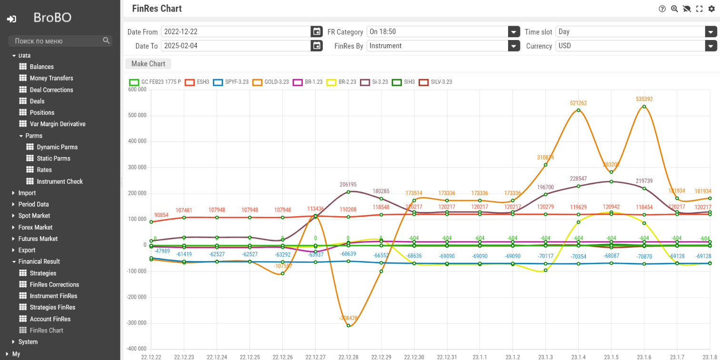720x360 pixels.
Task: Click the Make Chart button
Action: point(148,64)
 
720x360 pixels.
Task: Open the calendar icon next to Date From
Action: point(316,32)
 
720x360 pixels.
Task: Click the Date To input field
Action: point(236,46)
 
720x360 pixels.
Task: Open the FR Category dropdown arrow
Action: point(513,32)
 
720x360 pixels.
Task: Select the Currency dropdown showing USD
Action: point(636,46)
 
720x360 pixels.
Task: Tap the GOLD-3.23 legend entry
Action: point(270,82)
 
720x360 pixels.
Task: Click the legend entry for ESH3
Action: point(197,82)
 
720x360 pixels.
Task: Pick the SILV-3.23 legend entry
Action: point(435,82)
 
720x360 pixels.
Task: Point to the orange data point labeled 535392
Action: point(644,106)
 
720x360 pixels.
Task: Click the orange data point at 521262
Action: point(578,110)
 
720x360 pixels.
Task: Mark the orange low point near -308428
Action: point(349,326)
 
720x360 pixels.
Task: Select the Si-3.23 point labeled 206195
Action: point(349,192)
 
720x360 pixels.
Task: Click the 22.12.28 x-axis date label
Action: point(348,356)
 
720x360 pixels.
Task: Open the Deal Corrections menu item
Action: point(51,90)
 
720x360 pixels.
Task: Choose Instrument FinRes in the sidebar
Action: point(50,296)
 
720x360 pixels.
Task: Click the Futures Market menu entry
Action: point(38,239)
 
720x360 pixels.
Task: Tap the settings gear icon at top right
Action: point(712,9)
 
